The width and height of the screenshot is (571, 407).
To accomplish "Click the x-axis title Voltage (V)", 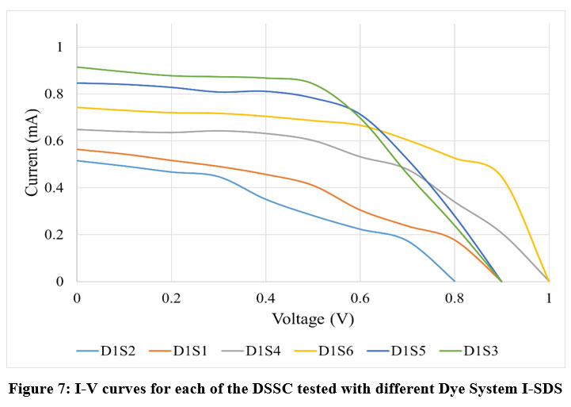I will coord(313,319).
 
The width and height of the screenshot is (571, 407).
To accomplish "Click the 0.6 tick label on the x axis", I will coord(360,297).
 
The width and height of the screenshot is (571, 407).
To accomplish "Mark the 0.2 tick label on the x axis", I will coord(171,297).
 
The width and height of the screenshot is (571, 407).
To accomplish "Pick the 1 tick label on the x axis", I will coord(549,297).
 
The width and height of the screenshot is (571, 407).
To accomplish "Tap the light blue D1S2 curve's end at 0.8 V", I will coord(455,281).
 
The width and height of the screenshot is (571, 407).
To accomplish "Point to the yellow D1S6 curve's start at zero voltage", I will coord(78,107).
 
